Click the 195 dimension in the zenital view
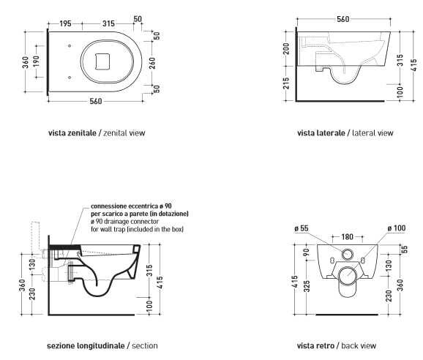click(65, 23)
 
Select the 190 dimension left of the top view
click(36, 61)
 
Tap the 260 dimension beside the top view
click(152, 63)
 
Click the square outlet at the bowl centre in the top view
click(102, 61)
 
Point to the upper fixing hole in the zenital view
click(70, 46)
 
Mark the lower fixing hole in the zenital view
click(70, 78)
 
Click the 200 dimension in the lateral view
click(286, 48)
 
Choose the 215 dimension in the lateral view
click(286, 83)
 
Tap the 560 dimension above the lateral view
click(343, 19)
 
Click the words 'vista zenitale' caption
click(72, 133)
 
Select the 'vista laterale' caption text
click(321, 133)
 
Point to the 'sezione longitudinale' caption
click(86, 345)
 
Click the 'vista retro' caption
click(315, 345)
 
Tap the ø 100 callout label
click(397, 228)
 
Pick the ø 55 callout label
click(302, 228)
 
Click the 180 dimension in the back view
click(347, 237)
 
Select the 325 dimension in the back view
click(307, 286)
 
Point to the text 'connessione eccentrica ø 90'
click(131, 206)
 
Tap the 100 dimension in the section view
click(149, 307)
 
